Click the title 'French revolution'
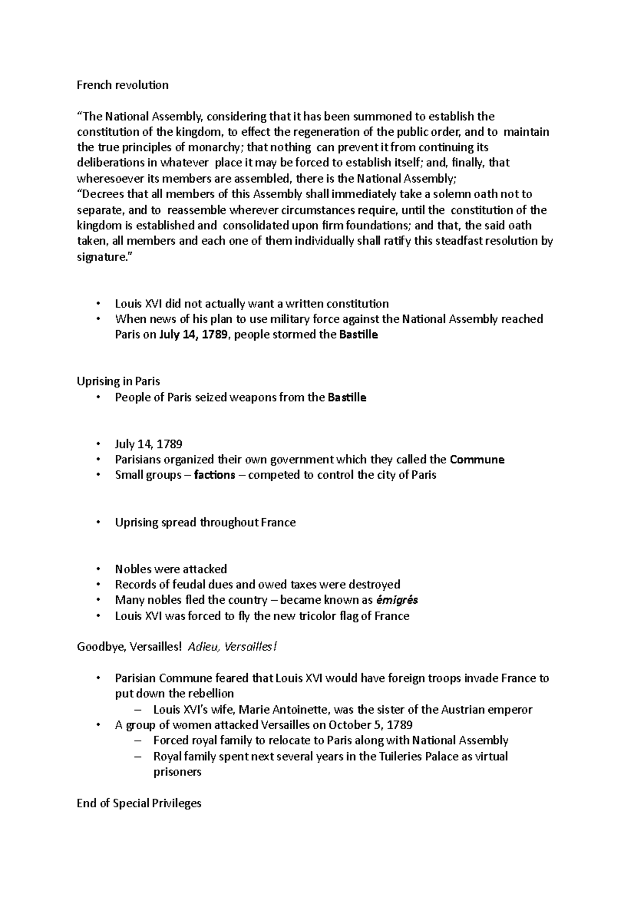[123, 85]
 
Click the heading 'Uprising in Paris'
[118, 381]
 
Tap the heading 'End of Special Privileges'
[139, 803]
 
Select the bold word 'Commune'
[477, 460]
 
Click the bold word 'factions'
[215, 475]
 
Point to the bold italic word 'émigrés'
[396, 600]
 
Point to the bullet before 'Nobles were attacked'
[98, 569]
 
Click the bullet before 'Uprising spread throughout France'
[98, 522]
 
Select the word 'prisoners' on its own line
[177, 772]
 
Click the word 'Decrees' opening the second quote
[100, 194]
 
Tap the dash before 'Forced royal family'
[138, 741]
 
